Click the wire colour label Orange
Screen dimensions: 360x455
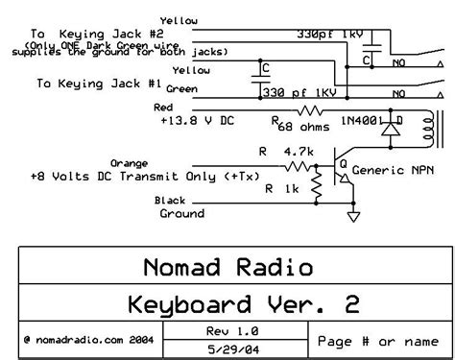point(131,163)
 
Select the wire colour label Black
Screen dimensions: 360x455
point(171,200)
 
